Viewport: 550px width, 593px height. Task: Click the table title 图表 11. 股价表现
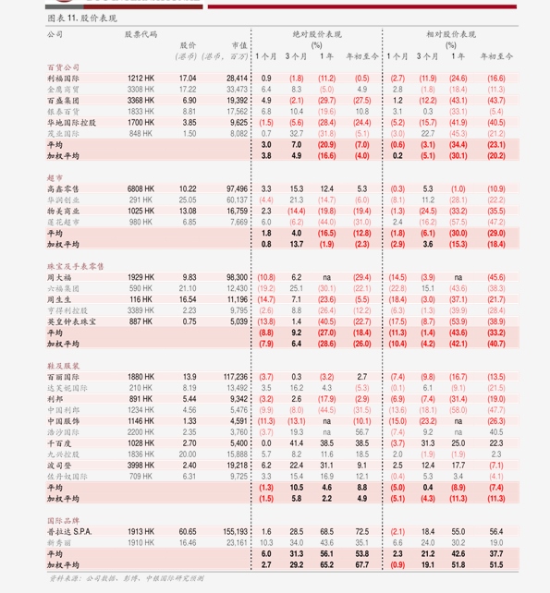[81, 18]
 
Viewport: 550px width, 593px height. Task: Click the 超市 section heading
[55, 176]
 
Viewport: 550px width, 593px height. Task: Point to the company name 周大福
[59, 277]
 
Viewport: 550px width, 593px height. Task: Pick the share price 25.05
[188, 199]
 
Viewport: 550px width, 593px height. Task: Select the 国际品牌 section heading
[62, 521]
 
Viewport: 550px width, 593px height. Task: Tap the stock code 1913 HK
[141, 532]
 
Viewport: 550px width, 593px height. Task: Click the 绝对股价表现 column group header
[317, 33]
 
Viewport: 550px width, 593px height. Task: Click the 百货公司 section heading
[63, 67]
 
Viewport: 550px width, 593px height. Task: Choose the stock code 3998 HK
[141, 466]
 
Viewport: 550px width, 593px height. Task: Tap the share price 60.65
[188, 532]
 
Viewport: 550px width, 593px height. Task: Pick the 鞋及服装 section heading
[63, 366]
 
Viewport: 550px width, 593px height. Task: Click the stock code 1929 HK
[141, 277]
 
